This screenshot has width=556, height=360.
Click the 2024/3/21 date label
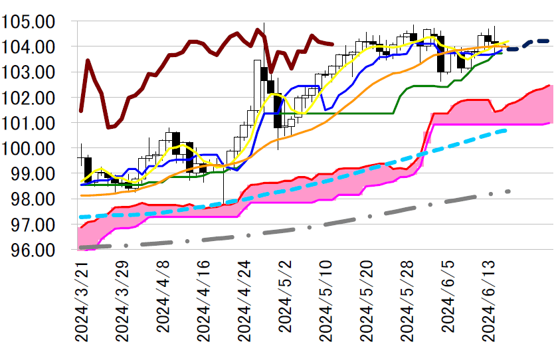(x=82, y=300)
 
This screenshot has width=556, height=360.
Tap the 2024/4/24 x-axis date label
(x=244, y=300)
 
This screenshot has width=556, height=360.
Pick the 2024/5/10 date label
(x=325, y=300)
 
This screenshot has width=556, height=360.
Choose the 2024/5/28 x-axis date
(x=407, y=300)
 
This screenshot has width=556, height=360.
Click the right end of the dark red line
(x=331, y=45)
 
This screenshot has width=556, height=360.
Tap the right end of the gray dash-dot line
(x=508, y=191)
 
